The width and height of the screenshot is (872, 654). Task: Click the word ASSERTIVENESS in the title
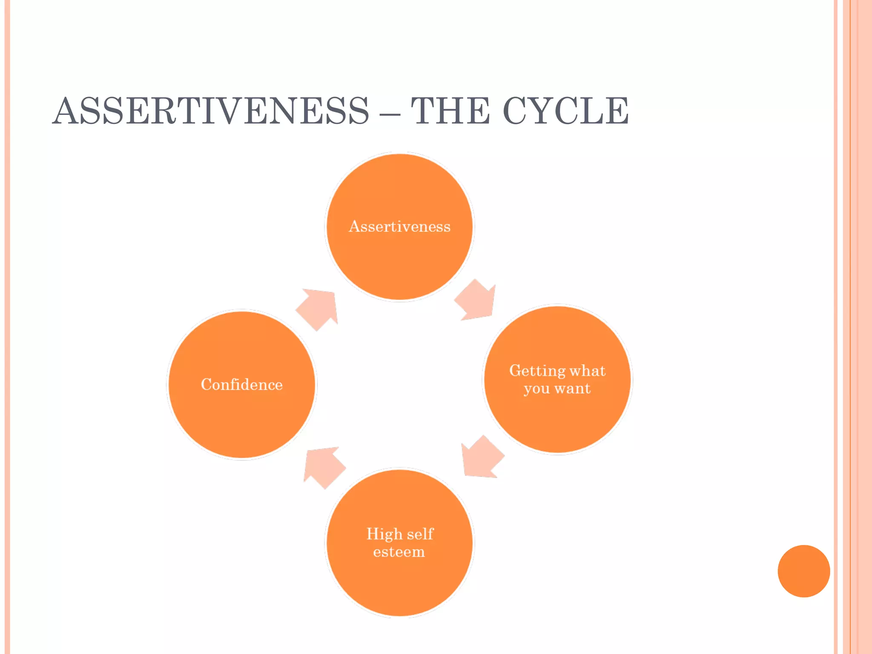click(211, 111)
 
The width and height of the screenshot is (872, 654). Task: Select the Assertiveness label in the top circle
click(399, 226)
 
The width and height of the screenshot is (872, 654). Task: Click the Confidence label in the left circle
click(241, 384)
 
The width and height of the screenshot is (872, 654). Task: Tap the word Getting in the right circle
click(537, 371)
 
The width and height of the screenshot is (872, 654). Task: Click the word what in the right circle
click(588, 371)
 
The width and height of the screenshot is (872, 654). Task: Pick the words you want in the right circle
click(557, 388)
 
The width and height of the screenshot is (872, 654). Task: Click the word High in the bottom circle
click(384, 534)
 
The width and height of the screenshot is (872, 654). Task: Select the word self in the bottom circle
click(420, 534)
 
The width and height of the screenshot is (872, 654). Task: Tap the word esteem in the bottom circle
click(399, 552)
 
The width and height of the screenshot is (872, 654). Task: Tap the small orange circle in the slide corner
click(803, 571)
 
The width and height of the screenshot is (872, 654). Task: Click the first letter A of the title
click(66, 111)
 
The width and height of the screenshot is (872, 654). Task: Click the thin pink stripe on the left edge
click(7, 327)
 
